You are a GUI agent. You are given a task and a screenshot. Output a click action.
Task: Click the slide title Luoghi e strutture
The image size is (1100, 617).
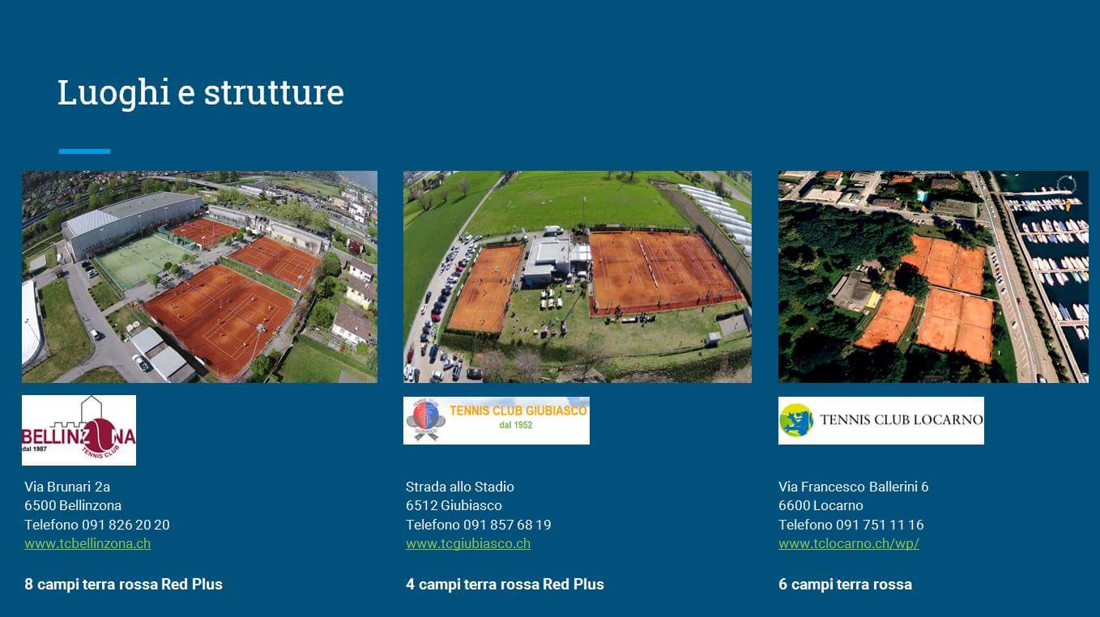(201, 93)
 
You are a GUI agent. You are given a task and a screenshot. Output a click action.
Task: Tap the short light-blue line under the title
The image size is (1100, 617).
(84, 151)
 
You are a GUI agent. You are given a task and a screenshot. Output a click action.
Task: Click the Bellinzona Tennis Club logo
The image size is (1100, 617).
(79, 430)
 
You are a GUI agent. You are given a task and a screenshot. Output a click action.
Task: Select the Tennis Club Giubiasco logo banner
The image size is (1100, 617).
(497, 421)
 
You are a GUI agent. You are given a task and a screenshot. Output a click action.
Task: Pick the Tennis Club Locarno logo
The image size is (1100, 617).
(881, 421)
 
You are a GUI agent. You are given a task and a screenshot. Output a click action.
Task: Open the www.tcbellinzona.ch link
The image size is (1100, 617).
(87, 544)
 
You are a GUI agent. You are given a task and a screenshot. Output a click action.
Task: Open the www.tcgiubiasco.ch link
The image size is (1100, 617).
(468, 544)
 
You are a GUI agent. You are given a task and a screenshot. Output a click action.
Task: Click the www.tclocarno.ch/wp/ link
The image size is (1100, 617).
(849, 544)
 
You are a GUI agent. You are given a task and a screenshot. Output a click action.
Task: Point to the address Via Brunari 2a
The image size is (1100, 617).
(67, 487)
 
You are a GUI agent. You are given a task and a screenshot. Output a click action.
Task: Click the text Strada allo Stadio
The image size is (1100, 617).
(459, 487)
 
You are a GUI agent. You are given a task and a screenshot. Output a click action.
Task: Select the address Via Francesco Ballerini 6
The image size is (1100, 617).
(854, 487)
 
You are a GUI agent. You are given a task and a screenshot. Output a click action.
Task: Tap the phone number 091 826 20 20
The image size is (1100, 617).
(126, 525)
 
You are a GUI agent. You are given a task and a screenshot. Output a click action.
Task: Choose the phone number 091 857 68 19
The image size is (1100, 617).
(507, 525)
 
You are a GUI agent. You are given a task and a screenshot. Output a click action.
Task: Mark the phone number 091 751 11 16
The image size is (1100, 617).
(880, 525)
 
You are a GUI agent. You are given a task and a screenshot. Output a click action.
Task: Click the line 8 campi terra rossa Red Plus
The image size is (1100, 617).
(124, 584)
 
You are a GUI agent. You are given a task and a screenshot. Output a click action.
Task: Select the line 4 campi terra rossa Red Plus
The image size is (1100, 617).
(505, 584)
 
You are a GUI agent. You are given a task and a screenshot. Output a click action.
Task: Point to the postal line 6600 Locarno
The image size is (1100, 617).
(821, 505)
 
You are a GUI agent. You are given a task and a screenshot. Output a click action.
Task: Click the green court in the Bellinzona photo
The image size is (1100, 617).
(140, 259)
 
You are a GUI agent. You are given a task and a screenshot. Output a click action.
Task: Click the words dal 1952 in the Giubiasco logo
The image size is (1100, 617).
(516, 425)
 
